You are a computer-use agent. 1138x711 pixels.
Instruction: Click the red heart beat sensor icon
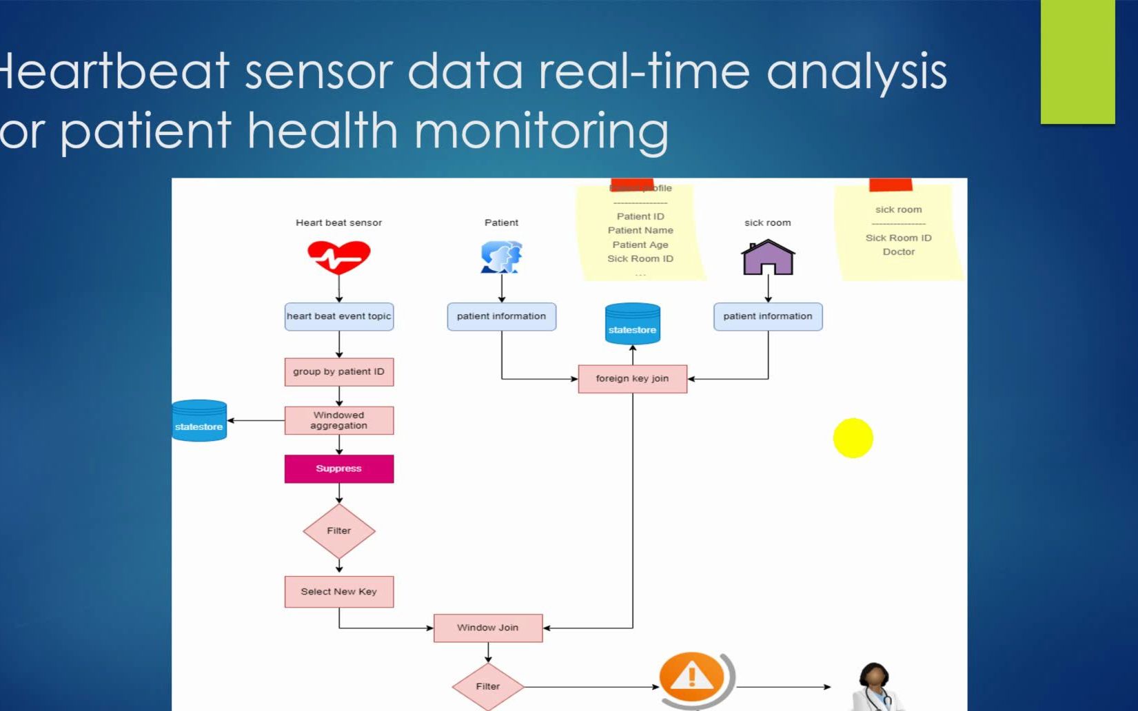click(338, 257)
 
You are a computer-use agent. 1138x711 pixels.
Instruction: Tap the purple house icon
click(768, 258)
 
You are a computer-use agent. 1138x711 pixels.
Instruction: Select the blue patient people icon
click(501, 257)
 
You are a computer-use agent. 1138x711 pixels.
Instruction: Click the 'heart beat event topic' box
click(338, 316)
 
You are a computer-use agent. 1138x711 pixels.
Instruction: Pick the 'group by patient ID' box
click(338, 372)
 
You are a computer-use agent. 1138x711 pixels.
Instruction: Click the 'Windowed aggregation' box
click(338, 420)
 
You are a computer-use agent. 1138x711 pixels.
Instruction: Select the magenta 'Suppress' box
click(338, 468)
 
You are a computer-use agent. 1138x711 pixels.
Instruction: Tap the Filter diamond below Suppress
click(338, 530)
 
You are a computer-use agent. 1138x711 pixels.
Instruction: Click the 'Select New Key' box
click(338, 592)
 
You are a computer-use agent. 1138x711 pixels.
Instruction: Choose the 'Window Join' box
click(487, 628)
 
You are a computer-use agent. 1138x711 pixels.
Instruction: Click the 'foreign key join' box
click(632, 379)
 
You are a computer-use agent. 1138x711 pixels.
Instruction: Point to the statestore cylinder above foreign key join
click(632, 324)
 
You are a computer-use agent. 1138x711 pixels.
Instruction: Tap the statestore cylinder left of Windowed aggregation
click(199, 421)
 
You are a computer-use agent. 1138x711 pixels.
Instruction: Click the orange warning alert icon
click(693, 678)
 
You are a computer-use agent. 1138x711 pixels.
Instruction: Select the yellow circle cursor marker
click(853, 438)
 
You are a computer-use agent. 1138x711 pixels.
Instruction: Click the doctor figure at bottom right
click(875, 688)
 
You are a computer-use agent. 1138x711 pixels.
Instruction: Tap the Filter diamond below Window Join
click(487, 686)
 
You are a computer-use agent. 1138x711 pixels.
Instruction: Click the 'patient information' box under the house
click(767, 316)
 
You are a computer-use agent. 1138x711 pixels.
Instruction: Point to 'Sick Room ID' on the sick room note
click(898, 238)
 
